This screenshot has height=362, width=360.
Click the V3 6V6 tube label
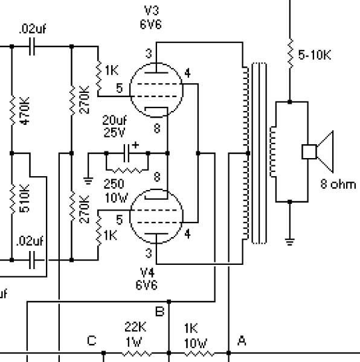[x=150, y=17]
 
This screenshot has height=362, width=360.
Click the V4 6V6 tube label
[x=147, y=279]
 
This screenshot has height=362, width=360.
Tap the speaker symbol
[x=318, y=151]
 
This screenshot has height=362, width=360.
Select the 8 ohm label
[x=338, y=185]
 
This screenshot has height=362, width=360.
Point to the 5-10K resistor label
[x=315, y=55]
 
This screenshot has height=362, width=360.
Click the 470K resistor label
[x=25, y=111]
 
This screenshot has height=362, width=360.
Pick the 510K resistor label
[x=25, y=198]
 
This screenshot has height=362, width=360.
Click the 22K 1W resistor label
[x=135, y=334]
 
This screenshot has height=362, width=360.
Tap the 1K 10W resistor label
[x=196, y=335]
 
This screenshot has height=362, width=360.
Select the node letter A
[x=242, y=341]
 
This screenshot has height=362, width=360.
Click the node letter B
[x=160, y=311]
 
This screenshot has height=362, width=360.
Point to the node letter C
[x=92, y=340]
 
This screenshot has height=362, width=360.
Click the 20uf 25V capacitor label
[x=114, y=126]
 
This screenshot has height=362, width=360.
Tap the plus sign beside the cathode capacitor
[x=135, y=145]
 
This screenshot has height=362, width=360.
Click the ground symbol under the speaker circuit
[x=290, y=242]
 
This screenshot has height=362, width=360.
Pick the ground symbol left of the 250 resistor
[x=88, y=181]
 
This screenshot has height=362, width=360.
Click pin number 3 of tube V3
[x=149, y=54]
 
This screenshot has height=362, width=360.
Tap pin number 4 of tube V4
[x=187, y=234]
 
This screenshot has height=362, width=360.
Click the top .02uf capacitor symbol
[x=32, y=46]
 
